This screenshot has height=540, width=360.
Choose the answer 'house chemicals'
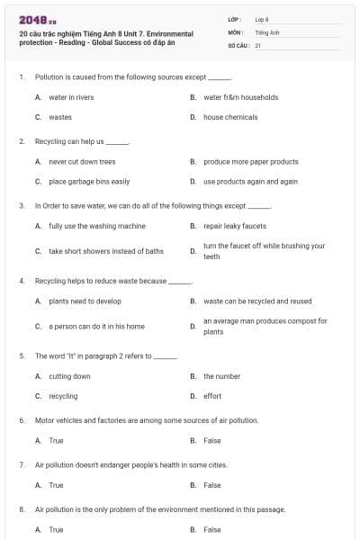(230, 117)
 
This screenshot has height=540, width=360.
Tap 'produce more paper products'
(250, 162)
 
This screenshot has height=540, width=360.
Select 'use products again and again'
(250, 181)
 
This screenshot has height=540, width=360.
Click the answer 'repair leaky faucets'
(235, 226)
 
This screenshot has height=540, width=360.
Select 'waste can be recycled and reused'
(257, 301)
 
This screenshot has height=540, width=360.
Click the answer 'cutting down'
(69, 376)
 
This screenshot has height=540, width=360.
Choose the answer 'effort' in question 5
(212, 396)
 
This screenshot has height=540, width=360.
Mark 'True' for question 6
(56, 441)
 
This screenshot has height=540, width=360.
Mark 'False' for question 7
(211, 485)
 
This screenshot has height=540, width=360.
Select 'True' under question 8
(56, 529)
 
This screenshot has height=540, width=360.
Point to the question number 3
(22, 206)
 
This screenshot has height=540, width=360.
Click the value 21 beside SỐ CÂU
(257, 44)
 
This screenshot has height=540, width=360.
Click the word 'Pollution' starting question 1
(49, 77)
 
